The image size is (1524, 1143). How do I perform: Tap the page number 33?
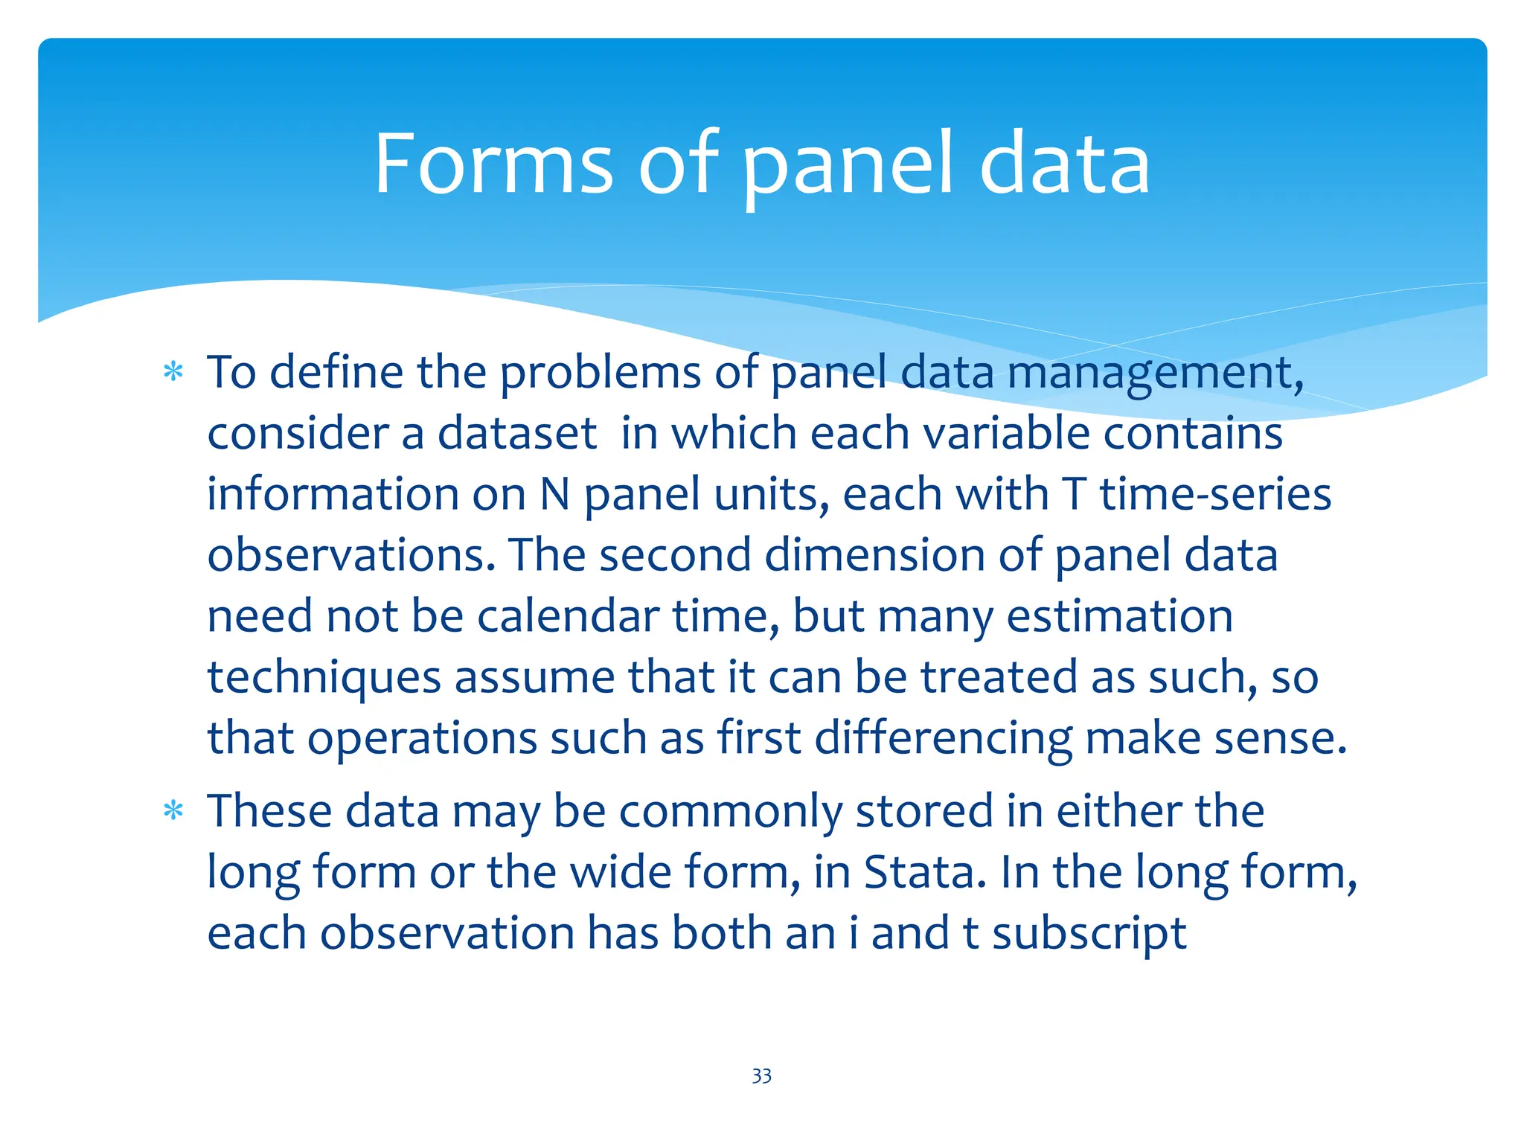coord(761,1076)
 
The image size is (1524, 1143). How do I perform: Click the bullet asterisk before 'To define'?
coord(173,372)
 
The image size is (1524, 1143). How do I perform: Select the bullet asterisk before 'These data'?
coord(173,810)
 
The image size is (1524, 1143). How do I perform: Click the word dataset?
coord(517,433)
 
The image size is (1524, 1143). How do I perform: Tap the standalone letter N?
coord(555,494)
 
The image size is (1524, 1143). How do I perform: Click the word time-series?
coord(1215,494)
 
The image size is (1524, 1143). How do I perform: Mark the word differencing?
coord(943,740)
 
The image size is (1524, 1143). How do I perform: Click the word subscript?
coord(1089,934)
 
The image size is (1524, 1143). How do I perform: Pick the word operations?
coord(422,740)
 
